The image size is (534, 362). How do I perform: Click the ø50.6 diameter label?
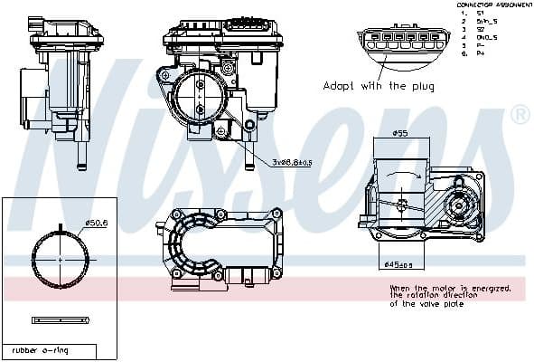[x=96, y=224]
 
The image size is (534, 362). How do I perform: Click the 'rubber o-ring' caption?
[x=40, y=349]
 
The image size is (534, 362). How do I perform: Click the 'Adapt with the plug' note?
[x=379, y=87]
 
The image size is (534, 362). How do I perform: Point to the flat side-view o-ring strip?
[x=60, y=319]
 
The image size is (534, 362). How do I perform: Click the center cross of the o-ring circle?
[x=60, y=258]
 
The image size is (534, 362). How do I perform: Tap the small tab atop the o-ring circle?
[x=60, y=228]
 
